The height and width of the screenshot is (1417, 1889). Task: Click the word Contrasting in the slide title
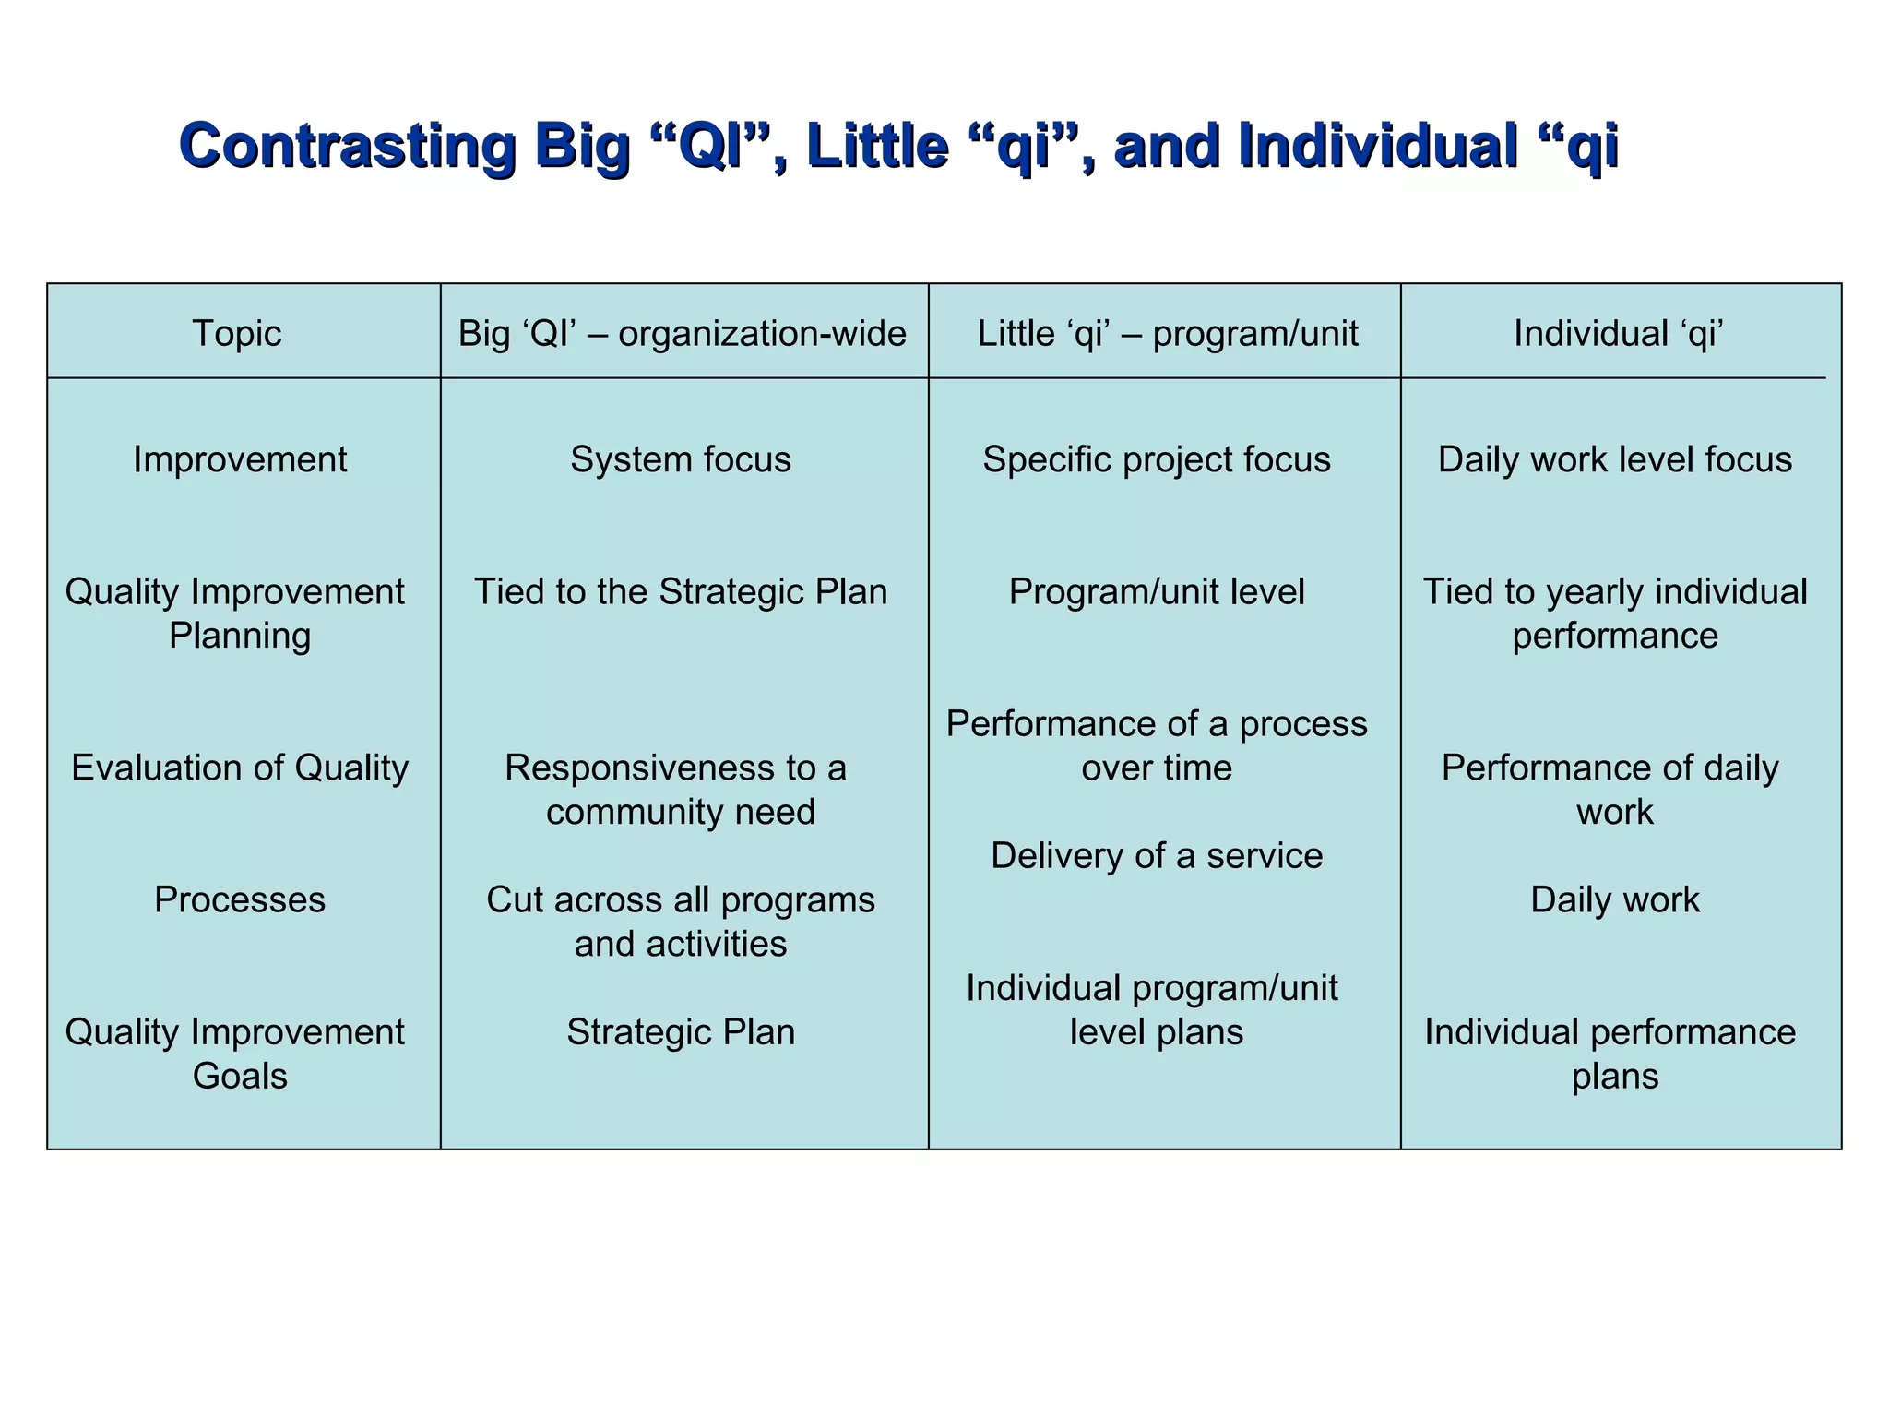point(347,145)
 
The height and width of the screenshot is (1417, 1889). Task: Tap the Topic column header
point(237,333)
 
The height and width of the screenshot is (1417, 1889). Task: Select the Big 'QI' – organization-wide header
point(682,333)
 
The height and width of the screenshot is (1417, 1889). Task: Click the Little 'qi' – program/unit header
point(1167,333)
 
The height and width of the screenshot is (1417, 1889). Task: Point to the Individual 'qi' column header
point(1618,333)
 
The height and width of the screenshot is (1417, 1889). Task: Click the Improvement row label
point(240,459)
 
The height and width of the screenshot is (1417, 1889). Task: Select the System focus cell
point(681,459)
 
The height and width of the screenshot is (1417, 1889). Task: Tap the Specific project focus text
point(1157,459)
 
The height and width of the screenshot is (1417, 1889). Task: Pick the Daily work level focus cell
point(1614,459)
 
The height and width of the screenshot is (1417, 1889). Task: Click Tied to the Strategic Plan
point(681,591)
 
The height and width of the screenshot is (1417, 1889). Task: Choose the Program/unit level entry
point(1157,591)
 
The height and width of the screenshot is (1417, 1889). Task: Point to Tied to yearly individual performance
point(1614,613)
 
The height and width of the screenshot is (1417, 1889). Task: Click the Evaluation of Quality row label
point(240,768)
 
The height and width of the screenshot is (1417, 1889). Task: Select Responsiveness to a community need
point(678,790)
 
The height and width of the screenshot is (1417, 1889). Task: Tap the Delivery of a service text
point(1157,856)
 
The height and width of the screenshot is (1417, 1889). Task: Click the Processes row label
point(240,899)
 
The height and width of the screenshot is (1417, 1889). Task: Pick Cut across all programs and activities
point(681,922)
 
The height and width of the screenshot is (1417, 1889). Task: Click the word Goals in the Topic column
point(240,1076)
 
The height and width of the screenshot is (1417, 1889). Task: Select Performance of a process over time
point(1157,745)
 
